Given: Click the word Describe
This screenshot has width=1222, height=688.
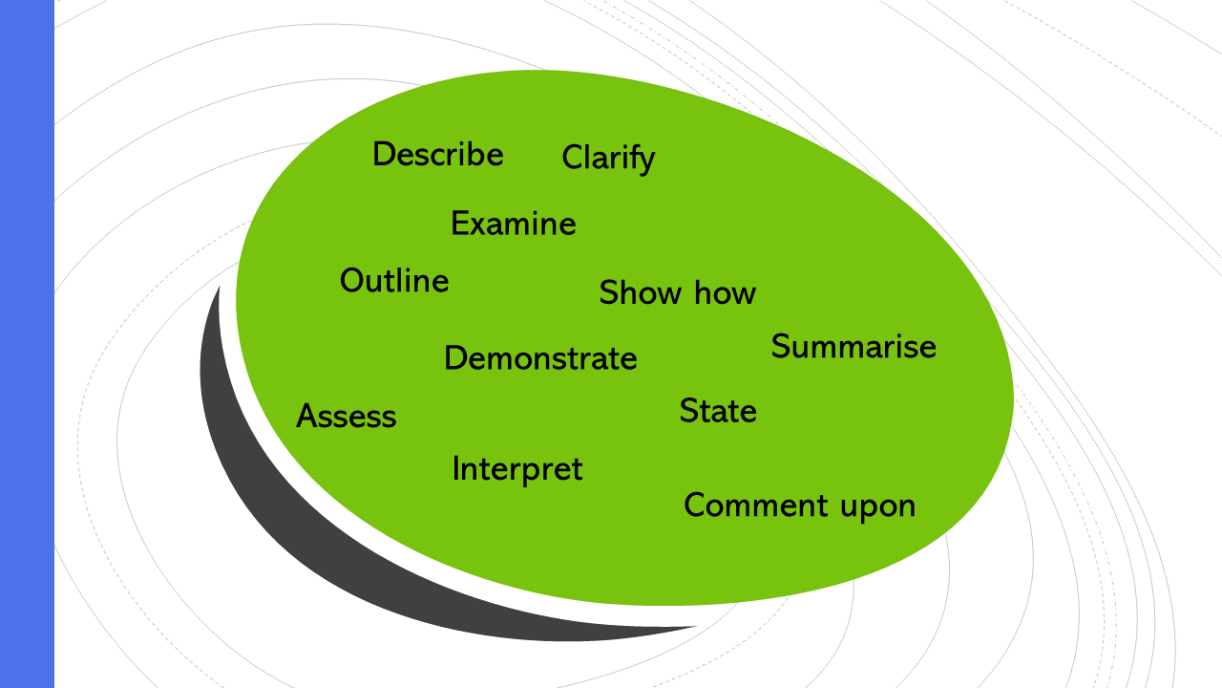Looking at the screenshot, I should click(437, 154).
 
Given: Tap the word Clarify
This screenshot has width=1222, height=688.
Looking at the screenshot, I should click(608, 158).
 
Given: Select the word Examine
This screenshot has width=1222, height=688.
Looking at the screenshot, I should click(513, 224).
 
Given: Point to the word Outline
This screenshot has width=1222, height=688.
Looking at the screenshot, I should click(394, 281).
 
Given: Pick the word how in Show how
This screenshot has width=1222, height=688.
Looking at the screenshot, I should click(725, 292).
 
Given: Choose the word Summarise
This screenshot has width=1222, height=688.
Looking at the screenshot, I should click(853, 346).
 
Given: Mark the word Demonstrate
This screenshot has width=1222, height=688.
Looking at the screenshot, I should click(540, 358).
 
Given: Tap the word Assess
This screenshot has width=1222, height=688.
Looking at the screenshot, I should click(346, 417).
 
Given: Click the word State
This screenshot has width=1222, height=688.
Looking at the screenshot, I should click(718, 411).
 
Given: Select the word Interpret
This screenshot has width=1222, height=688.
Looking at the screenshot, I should click(516, 469).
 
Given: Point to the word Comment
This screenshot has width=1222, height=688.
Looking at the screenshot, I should click(750, 505).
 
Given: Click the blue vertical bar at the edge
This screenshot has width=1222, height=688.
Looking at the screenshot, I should click(27, 344).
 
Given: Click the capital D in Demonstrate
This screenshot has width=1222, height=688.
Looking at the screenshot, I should click(455, 358).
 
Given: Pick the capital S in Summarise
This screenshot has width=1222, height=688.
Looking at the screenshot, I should click(782, 346).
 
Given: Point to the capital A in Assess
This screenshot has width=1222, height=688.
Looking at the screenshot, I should click(307, 417).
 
